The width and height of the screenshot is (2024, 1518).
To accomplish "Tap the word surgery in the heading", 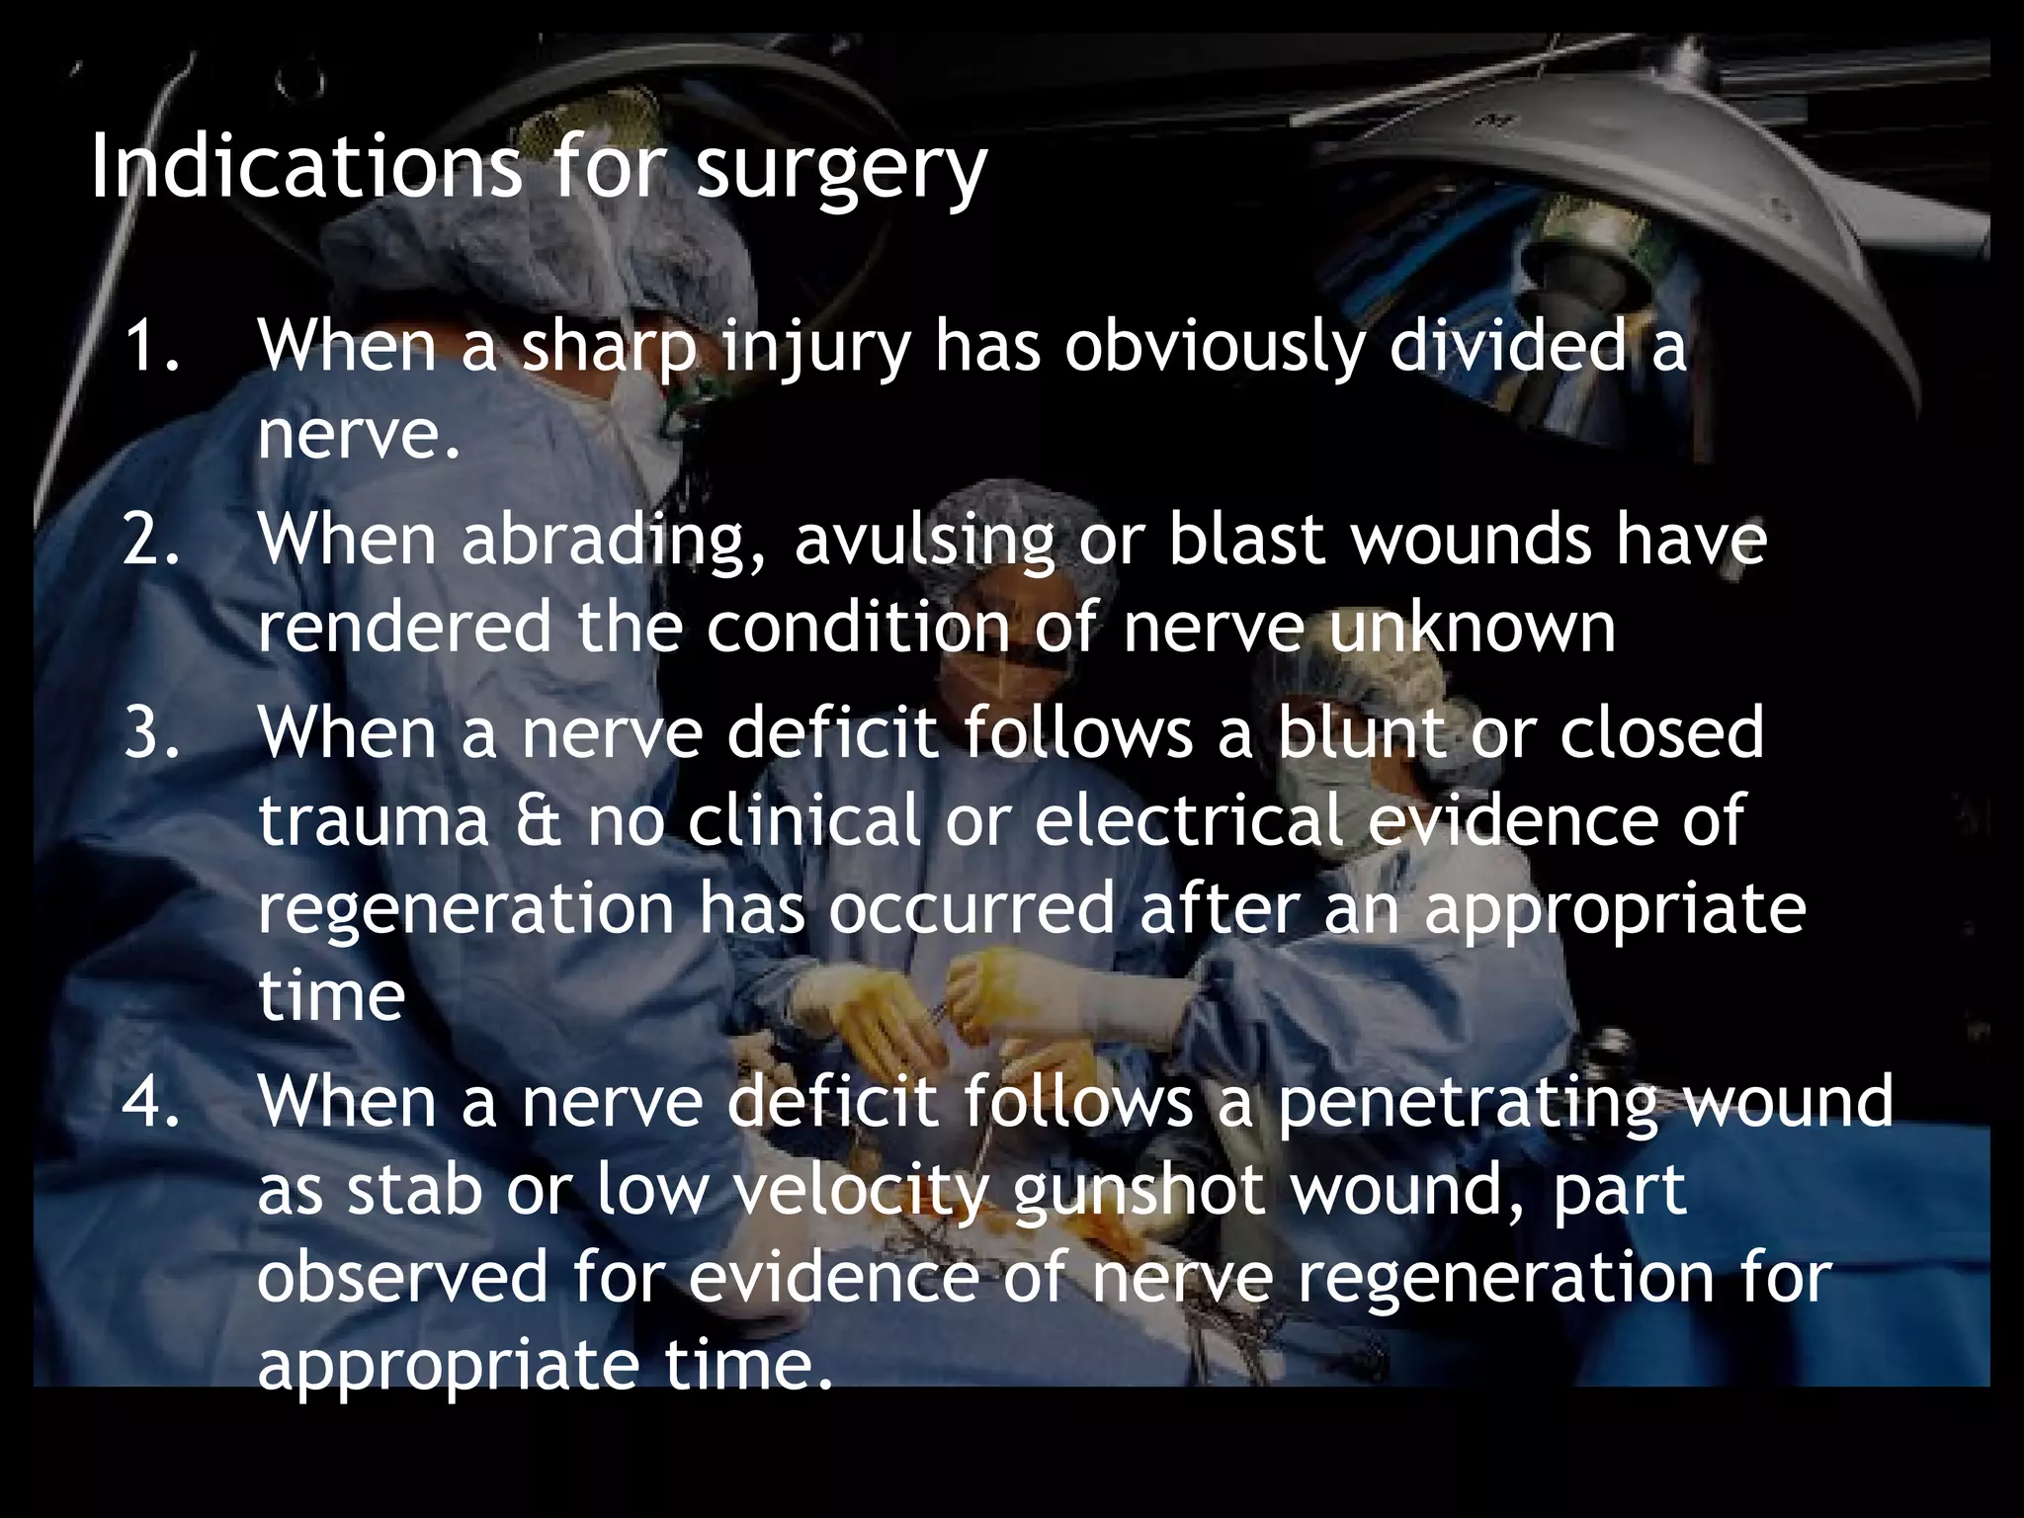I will click(x=840, y=170).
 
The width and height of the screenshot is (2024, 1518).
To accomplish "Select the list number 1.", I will click(x=153, y=347).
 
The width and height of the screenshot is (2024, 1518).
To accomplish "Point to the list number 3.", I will click(x=153, y=732).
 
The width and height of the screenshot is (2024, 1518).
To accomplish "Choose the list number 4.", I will click(x=153, y=1102).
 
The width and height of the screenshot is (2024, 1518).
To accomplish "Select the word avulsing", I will click(x=924, y=542).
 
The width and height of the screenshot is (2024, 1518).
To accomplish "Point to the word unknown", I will click(x=1472, y=627).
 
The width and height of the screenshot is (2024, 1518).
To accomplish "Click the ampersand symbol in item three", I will click(x=539, y=820).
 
